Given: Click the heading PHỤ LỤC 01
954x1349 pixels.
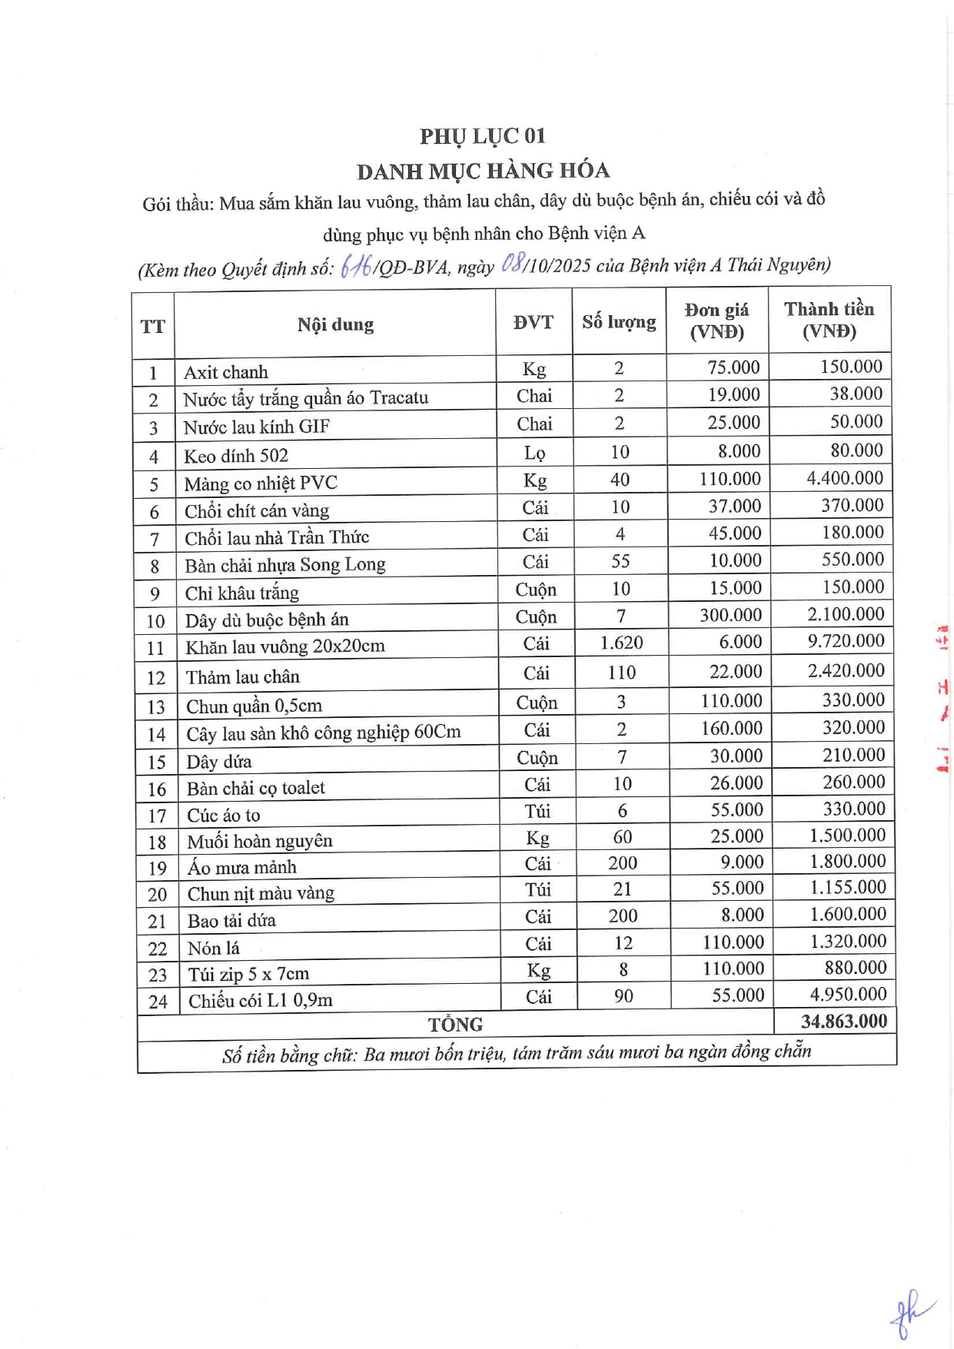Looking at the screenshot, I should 482,136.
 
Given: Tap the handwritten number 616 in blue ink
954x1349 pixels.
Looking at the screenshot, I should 356,266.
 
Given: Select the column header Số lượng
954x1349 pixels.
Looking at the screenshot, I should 619,322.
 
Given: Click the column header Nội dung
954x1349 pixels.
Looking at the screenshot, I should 335,324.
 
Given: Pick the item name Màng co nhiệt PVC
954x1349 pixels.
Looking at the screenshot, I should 261,483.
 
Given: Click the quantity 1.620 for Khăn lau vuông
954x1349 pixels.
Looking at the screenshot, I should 621,643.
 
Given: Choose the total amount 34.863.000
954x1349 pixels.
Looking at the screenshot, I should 843,1021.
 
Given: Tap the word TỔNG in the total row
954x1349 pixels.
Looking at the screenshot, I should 455,1025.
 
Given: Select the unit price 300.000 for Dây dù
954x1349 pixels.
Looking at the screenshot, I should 730,615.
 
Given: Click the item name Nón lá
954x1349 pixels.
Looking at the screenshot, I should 214,948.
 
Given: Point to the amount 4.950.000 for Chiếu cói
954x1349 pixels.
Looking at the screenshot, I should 848,994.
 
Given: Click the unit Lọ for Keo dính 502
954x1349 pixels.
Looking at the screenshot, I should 534,453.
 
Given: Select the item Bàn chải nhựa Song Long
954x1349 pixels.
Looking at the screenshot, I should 285,565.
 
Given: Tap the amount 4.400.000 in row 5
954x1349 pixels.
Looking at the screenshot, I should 844,478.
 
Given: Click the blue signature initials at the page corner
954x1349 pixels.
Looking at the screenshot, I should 909,1313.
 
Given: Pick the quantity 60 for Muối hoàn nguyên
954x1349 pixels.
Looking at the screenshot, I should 622,837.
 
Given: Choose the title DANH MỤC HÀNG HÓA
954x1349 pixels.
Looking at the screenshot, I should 483,171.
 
